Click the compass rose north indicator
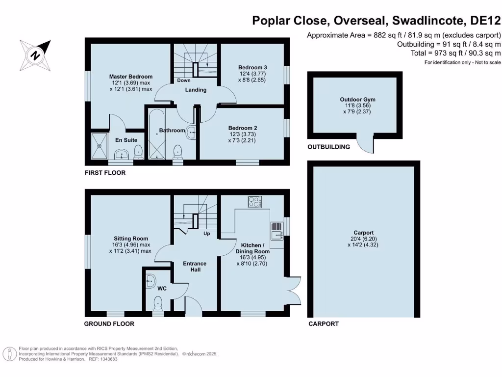(x=35, y=55)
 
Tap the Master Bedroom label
(x=130, y=77)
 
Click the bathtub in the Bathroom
(x=156, y=134)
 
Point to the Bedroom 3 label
(x=252, y=67)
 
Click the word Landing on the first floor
(x=196, y=90)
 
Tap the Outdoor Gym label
(x=357, y=100)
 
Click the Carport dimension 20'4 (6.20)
(x=363, y=239)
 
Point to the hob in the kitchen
(x=254, y=202)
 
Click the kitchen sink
(x=276, y=231)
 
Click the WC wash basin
(x=151, y=281)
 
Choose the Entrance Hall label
(x=195, y=267)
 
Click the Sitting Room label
(x=130, y=239)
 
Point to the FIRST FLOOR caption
(x=105, y=173)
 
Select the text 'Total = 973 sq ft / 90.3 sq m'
(x=456, y=53)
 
